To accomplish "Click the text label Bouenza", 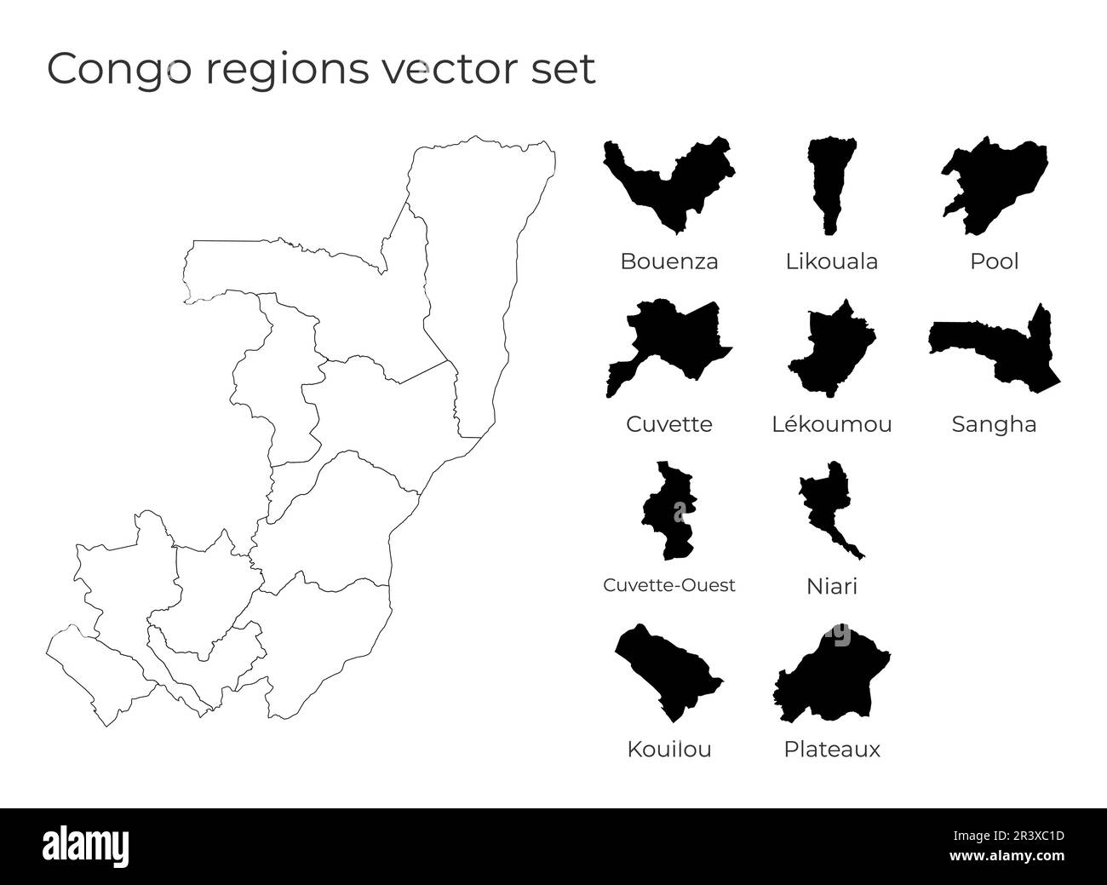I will pos(668,261).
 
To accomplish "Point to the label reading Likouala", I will pos(831,261).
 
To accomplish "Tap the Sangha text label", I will pos(994,424).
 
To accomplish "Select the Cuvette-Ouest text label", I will pos(668,586).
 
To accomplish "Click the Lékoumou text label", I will pos(831,424).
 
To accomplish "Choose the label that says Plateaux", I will pos(831,750).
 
